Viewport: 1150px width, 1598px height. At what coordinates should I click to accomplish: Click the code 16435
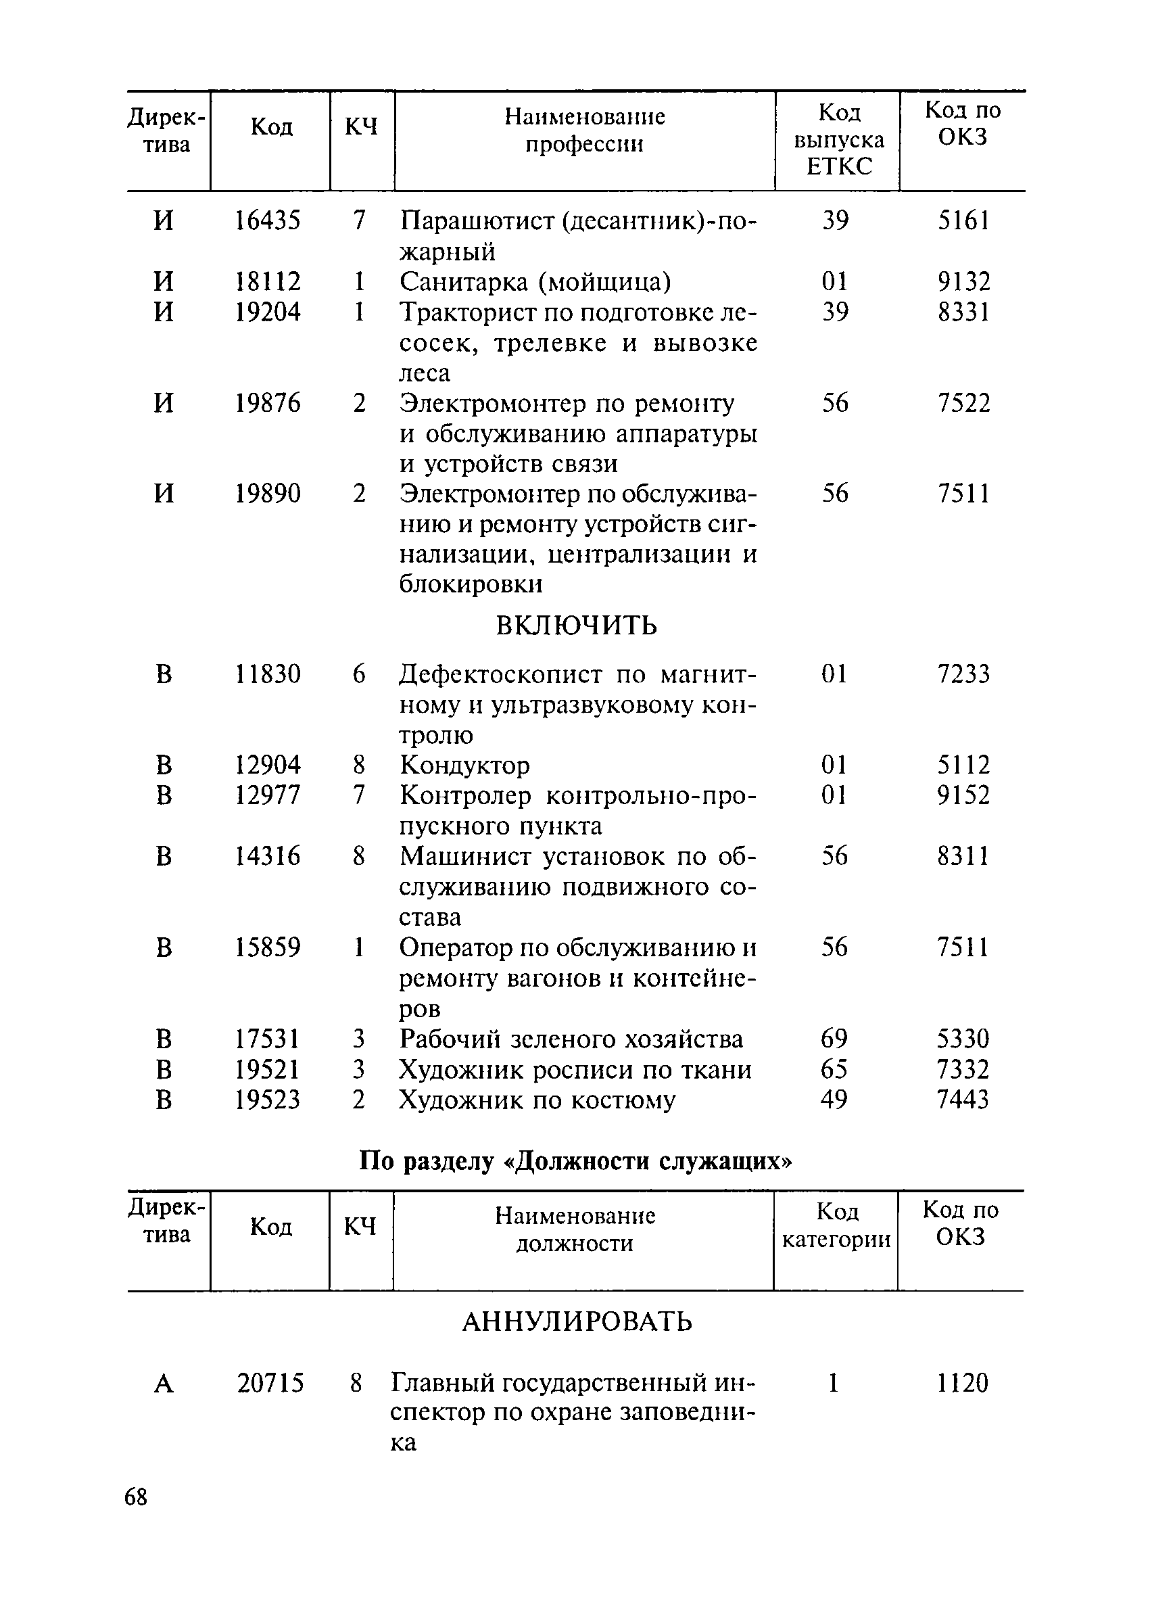pyautogui.click(x=267, y=220)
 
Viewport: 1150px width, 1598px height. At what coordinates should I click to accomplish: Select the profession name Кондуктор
pyautogui.click(x=464, y=765)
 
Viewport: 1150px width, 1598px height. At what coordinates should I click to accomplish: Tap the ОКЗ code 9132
pyautogui.click(x=963, y=282)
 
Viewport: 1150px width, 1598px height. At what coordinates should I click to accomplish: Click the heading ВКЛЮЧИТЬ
pyautogui.click(x=576, y=625)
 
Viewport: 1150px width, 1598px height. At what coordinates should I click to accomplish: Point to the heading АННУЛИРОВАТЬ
pyautogui.click(x=577, y=1322)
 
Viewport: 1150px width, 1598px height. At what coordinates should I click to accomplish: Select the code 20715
pyautogui.click(x=270, y=1383)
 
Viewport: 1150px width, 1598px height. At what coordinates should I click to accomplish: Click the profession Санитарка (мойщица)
pyautogui.click(x=535, y=282)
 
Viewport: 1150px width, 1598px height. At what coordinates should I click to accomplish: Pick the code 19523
pyautogui.click(x=267, y=1099)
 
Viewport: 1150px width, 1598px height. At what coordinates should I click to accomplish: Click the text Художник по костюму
pyautogui.click(x=537, y=1099)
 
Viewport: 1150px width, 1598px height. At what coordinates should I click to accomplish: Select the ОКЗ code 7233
pyautogui.click(x=963, y=674)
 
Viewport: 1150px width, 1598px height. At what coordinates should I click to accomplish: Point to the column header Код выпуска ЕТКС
pyautogui.click(x=838, y=139)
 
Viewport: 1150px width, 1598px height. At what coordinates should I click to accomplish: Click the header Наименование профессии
pyautogui.click(x=585, y=130)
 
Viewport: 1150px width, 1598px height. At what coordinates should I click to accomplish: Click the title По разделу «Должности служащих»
pyautogui.click(x=575, y=1160)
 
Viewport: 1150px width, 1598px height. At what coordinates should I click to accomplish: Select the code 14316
pyautogui.click(x=267, y=856)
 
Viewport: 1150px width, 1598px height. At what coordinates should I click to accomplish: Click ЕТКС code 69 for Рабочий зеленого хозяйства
pyautogui.click(x=834, y=1039)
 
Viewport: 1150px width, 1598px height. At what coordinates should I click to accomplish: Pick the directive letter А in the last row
pyautogui.click(x=164, y=1384)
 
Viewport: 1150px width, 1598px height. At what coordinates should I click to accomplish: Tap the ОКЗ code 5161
pyautogui.click(x=963, y=220)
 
